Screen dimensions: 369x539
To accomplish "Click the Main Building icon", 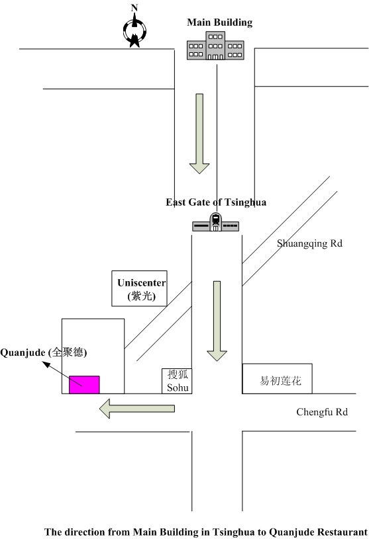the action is pyautogui.click(x=215, y=46).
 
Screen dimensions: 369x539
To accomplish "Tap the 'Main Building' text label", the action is pyautogui.click(x=219, y=22).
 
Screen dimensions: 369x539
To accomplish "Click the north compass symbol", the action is pyautogui.click(x=134, y=31).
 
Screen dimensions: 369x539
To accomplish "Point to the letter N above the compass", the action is pyautogui.click(x=134, y=7).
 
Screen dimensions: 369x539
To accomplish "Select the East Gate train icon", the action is pyautogui.click(x=215, y=222).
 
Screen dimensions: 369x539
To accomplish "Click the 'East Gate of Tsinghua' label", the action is pyautogui.click(x=216, y=202).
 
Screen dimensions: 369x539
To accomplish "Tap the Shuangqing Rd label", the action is pyautogui.click(x=309, y=244).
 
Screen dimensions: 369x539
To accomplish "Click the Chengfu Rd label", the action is pyautogui.click(x=322, y=412).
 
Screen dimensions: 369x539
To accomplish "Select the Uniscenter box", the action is pyautogui.click(x=139, y=288).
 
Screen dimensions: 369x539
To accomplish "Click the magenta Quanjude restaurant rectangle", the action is pyautogui.click(x=84, y=385).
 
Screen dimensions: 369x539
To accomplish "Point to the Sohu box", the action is pyautogui.click(x=177, y=381).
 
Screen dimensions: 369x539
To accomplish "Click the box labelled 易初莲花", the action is pyautogui.click(x=278, y=378).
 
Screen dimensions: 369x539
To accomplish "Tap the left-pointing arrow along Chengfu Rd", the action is pyautogui.click(x=137, y=408).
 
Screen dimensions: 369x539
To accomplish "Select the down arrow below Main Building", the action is pyautogui.click(x=199, y=134).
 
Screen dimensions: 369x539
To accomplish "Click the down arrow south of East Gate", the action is pyautogui.click(x=217, y=321).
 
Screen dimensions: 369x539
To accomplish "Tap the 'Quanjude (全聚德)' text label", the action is pyautogui.click(x=43, y=352).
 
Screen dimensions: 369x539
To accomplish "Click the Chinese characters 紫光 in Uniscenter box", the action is pyautogui.click(x=142, y=296).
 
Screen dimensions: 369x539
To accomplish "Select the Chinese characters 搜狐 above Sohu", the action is pyautogui.click(x=178, y=374).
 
